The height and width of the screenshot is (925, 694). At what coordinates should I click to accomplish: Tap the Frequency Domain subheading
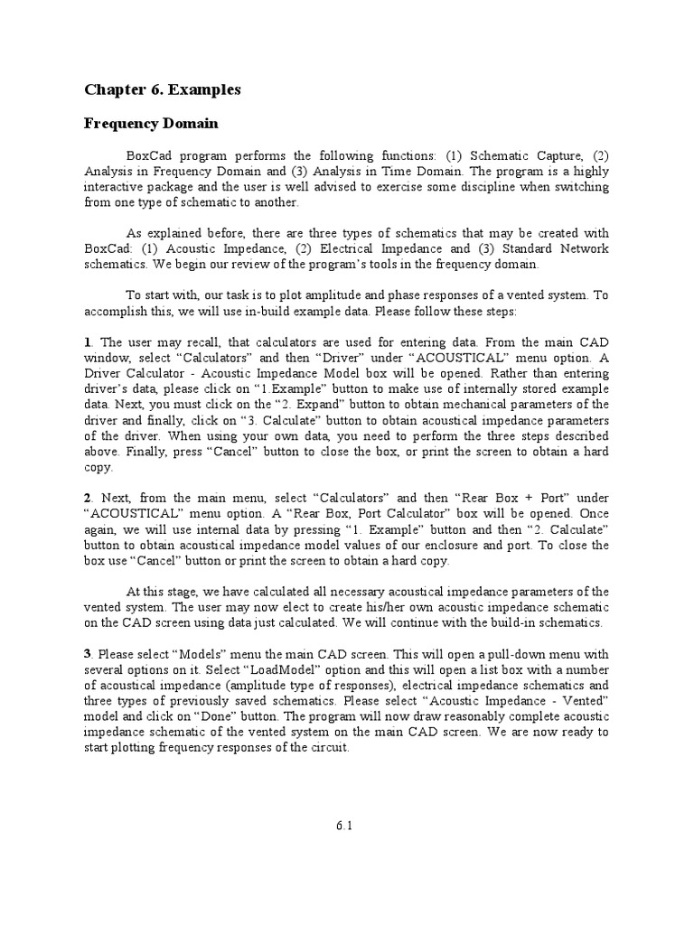point(147,122)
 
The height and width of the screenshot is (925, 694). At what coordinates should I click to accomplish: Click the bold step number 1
point(88,342)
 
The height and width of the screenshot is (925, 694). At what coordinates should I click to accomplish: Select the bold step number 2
point(88,498)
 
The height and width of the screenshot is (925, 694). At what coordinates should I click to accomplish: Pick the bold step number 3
point(88,653)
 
